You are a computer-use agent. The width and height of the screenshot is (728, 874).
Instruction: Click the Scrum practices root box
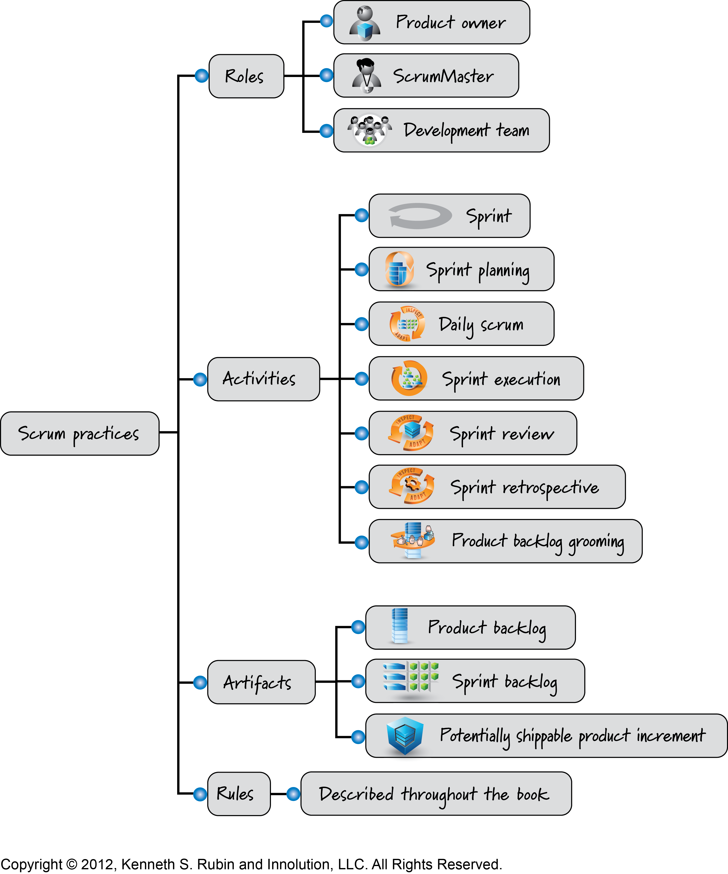(x=80, y=433)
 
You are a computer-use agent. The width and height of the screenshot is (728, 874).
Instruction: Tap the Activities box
(x=264, y=379)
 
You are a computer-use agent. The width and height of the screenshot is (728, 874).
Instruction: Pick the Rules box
(x=239, y=794)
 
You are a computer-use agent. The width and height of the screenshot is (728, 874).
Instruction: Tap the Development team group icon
(x=370, y=130)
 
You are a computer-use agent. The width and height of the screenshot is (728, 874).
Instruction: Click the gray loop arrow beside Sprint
(x=420, y=216)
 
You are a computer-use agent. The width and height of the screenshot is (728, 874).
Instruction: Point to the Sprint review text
(x=502, y=434)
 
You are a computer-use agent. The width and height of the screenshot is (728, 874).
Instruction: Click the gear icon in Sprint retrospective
(x=412, y=484)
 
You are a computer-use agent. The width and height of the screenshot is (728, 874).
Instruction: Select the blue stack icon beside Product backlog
(x=399, y=626)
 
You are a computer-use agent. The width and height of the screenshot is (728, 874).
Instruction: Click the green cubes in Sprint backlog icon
(x=424, y=677)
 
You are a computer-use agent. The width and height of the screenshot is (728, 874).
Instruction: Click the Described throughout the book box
(x=436, y=794)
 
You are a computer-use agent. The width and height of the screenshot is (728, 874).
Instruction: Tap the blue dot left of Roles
(x=202, y=76)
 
